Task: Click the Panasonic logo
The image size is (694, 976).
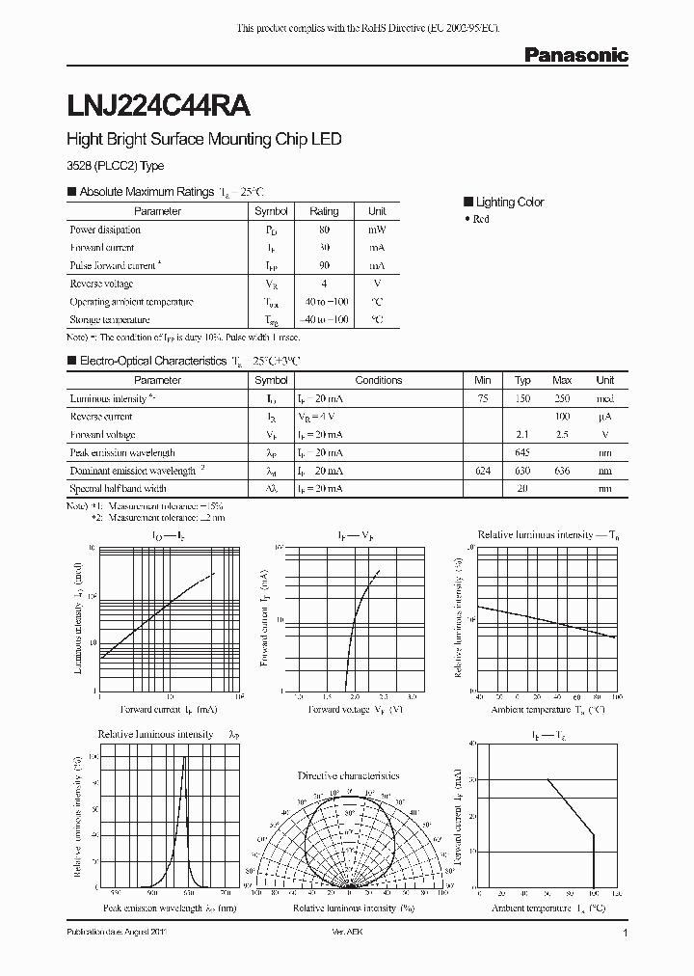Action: click(575, 56)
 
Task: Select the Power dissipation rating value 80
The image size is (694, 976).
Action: click(324, 230)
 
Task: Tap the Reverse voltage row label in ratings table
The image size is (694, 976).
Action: click(101, 284)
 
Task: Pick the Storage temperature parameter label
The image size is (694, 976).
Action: click(109, 319)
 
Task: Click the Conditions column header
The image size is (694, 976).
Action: click(378, 380)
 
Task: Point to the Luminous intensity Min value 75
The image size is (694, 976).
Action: click(483, 398)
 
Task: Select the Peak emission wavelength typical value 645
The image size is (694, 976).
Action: click(522, 452)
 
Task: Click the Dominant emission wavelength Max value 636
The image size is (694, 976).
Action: click(562, 471)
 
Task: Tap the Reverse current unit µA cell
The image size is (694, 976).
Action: click(604, 417)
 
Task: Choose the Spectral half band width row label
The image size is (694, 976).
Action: click(117, 489)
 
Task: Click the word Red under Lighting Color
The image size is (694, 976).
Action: click(481, 219)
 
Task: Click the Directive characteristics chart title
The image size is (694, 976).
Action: click(348, 775)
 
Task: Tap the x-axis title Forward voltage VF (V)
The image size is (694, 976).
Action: click(355, 709)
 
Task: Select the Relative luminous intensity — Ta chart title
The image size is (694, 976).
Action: click(537, 533)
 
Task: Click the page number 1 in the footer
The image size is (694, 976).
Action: click(626, 934)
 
